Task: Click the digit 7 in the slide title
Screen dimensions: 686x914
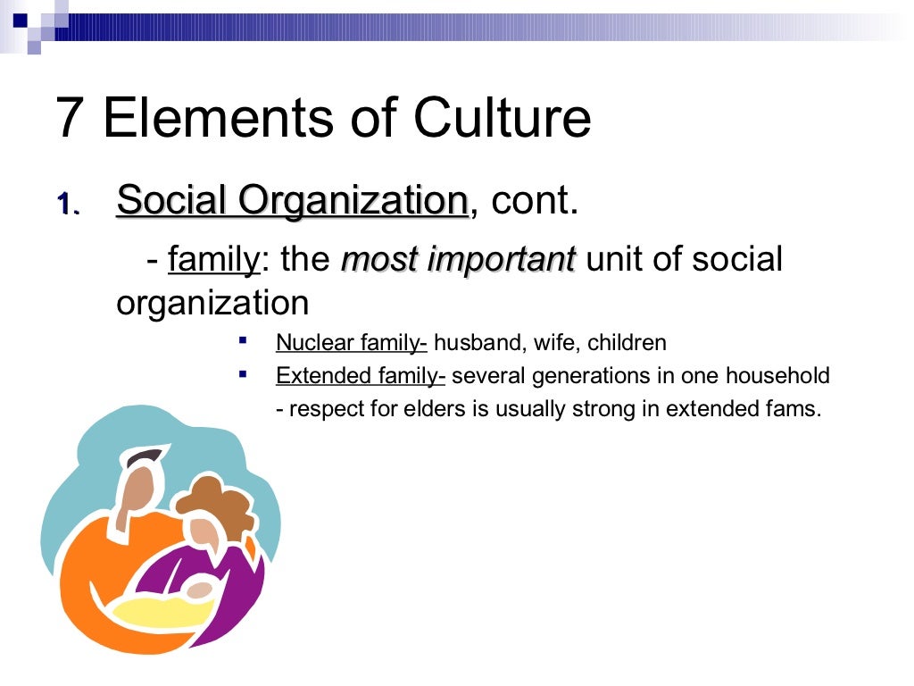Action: point(71,118)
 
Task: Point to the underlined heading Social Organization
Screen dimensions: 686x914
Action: point(292,201)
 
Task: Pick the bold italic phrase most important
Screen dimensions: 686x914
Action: point(459,260)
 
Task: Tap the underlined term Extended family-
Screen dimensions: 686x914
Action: point(361,376)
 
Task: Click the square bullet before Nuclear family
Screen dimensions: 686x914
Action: point(243,340)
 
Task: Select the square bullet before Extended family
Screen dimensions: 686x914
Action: point(243,374)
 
